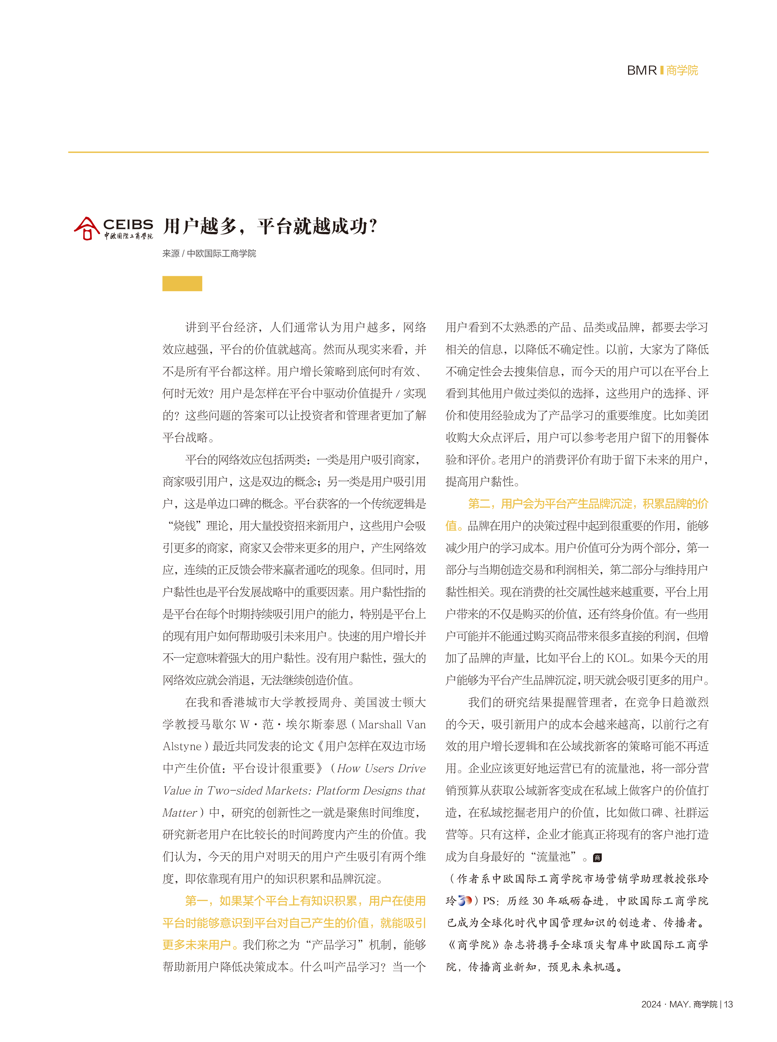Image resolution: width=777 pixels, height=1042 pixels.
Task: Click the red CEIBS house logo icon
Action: tap(86, 228)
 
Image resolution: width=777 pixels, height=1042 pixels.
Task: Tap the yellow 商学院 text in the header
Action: tap(682, 71)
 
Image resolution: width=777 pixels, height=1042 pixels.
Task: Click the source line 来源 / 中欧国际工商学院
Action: tap(209, 253)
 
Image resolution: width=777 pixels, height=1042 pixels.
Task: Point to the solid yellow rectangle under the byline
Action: tap(182, 284)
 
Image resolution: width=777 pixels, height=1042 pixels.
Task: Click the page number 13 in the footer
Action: tap(728, 1004)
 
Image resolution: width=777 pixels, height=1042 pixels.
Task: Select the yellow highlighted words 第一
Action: tap(197, 901)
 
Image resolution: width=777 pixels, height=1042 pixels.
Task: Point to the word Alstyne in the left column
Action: tap(182, 746)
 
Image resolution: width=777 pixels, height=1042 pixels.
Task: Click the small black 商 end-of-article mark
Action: tap(597, 857)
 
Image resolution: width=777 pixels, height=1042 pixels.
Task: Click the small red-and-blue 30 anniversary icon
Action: tap(465, 901)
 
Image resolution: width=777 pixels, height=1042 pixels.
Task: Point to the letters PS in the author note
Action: tap(489, 901)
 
